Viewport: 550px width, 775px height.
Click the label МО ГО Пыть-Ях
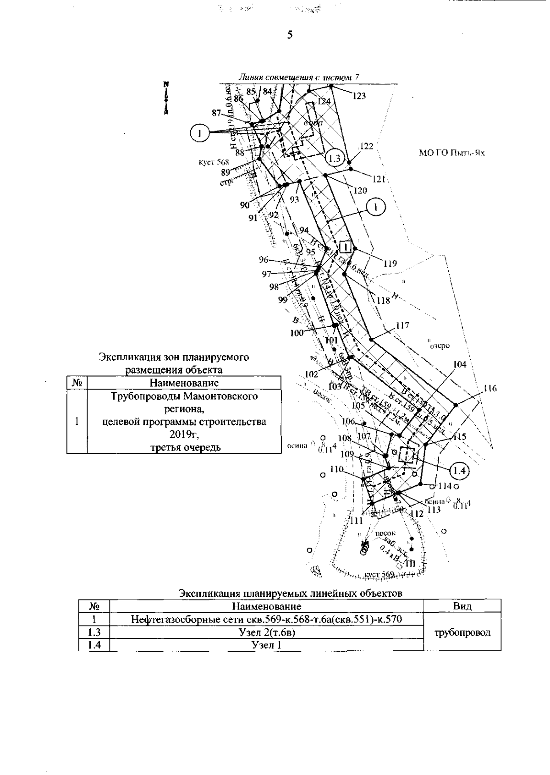coord(451,153)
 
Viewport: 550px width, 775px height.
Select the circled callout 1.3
coord(335,158)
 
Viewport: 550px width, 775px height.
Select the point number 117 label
coord(402,326)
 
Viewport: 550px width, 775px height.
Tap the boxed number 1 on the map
coord(346,247)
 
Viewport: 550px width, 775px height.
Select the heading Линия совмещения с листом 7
coord(300,78)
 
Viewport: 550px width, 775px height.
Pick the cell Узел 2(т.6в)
coord(266,632)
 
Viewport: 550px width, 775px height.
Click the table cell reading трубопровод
coord(462,632)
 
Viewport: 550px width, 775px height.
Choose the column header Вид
coord(462,606)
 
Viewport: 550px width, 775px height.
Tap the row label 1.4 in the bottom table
coord(94,645)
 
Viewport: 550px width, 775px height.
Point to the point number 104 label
coord(460,364)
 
